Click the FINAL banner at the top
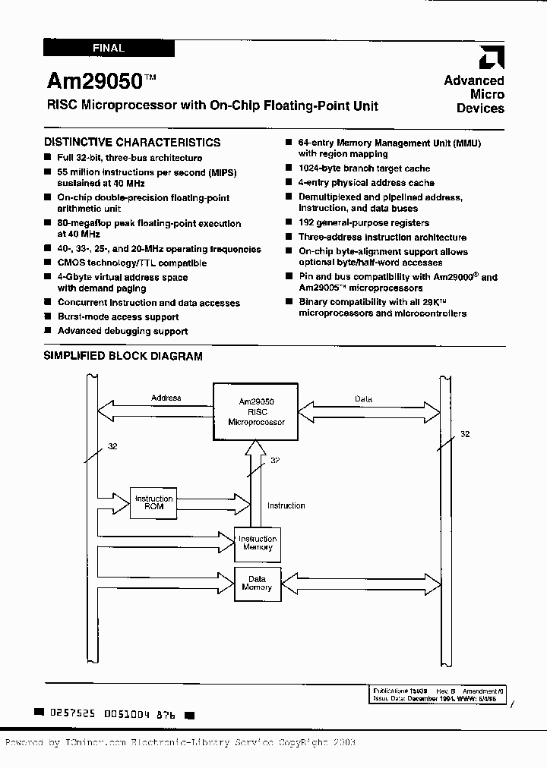click(x=109, y=48)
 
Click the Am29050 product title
click(x=94, y=80)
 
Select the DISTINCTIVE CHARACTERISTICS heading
click(x=132, y=142)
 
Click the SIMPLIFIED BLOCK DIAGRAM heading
click(x=122, y=355)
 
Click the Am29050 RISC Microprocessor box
click(x=256, y=411)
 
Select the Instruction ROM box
click(x=153, y=503)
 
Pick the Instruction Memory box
click(x=258, y=543)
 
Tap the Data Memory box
click(x=257, y=583)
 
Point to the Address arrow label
click(x=166, y=398)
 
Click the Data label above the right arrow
click(x=364, y=398)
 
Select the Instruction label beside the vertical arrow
click(x=286, y=505)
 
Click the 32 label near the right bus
click(x=465, y=434)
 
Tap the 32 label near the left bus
click(x=112, y=446)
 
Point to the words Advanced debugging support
click(x=122, y=331)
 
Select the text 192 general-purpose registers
click(x=364, y=223)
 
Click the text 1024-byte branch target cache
click(x=364, y=168)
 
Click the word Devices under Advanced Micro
click(x=480, y=109)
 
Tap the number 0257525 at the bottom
click(x=71, y=714)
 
